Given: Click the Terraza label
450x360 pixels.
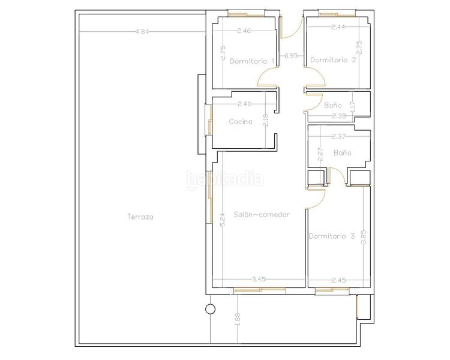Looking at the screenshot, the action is (140, 217).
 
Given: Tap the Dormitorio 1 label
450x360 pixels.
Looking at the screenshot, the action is (252, 61).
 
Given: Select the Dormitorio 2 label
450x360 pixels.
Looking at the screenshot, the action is (333, 60).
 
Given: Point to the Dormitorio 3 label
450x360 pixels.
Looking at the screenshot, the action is (331, 236).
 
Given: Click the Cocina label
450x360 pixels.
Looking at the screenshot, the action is (241, 122).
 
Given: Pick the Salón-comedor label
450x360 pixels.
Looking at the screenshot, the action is (262, 215).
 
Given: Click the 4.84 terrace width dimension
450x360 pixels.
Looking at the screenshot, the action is (142, 32).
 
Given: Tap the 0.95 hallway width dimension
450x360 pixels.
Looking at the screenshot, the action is (291, 56).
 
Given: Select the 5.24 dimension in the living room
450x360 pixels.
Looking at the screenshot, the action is (223, 220).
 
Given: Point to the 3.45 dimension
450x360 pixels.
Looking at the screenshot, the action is (259, 279).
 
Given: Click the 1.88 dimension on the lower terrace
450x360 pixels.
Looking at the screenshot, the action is (238, 319).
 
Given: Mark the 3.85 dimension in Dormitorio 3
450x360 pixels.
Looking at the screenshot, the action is (364, 237).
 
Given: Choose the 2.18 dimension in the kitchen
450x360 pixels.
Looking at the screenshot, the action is (265, 121).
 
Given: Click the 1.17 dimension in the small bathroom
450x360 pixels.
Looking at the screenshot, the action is (353, 107).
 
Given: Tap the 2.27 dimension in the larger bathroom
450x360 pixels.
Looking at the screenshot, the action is (320, 154).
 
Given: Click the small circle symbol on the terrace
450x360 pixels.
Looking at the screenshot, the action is (211, 309).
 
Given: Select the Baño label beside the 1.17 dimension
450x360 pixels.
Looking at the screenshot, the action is (333, 106).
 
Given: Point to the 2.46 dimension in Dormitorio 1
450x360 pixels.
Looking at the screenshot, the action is (244, 31).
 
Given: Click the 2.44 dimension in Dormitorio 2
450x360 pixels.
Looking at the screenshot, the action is (338, 27).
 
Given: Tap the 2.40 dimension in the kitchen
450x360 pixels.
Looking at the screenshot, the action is (244, 104).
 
